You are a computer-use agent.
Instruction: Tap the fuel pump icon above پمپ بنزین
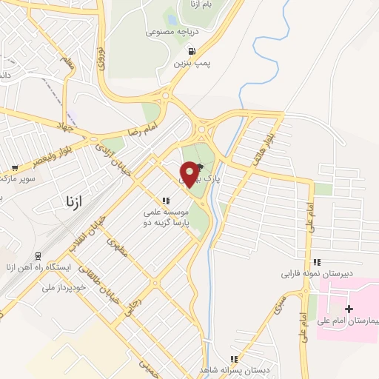point(192,52)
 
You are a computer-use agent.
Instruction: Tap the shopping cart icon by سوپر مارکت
point(14,168)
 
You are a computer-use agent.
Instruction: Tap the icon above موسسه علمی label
point(166,201)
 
